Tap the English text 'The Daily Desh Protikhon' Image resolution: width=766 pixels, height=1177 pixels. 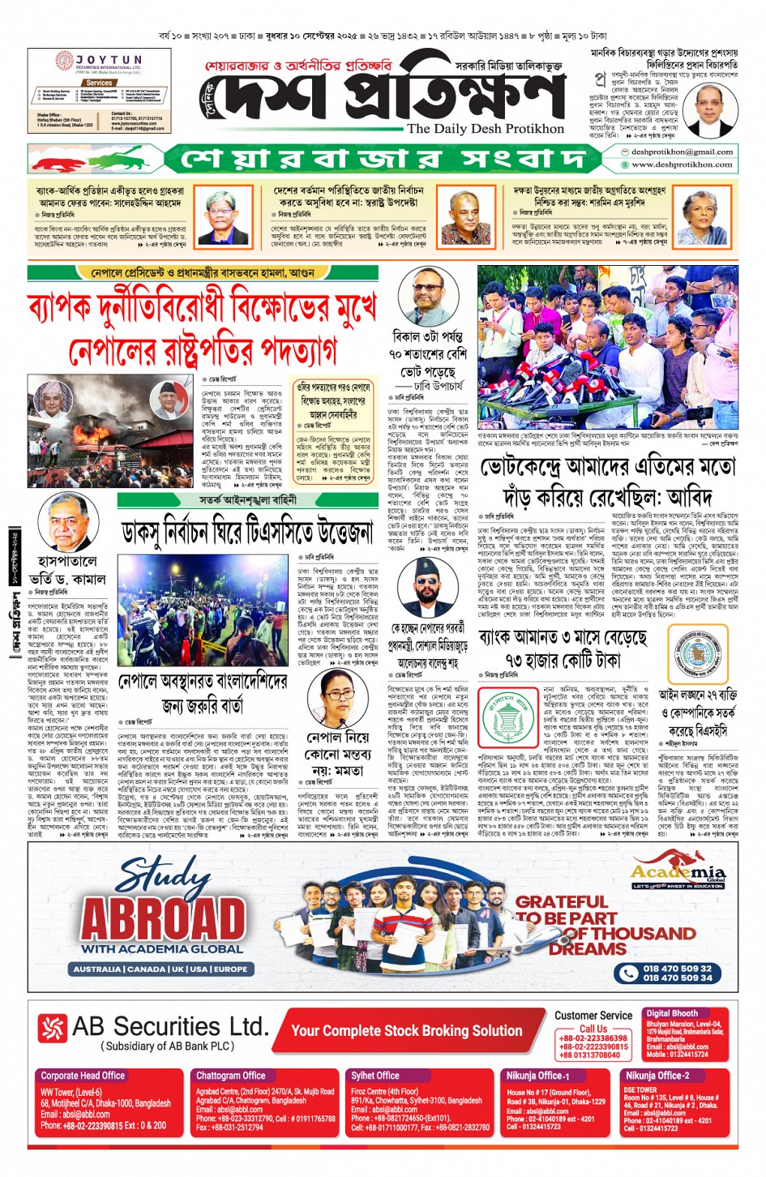[x=485, y=129]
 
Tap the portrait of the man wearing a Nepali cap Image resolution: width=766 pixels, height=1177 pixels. [x=428, y=588]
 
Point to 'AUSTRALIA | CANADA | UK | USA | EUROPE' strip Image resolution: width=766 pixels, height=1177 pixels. [x=160, y=969]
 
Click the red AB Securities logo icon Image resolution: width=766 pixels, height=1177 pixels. [x=52, y=1029]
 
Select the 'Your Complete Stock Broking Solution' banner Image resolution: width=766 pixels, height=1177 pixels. [x=407, y=1030]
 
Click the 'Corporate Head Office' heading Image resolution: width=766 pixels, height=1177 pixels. [x=83, y=1076]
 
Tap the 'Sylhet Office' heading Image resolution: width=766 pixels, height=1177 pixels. [x=375, y=1076]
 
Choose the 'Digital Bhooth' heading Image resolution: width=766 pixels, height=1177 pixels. [x=672, y=1013]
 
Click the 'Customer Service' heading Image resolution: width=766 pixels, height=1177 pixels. [x=593, y=1015]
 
